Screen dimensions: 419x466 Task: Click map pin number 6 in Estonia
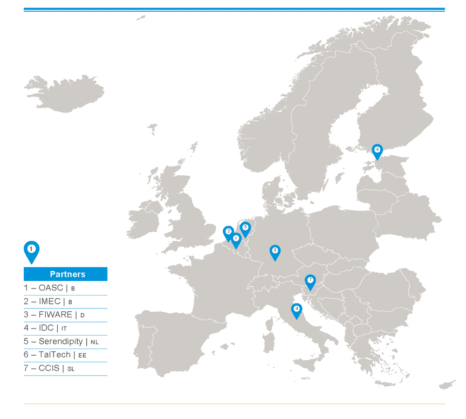click(x=377, y=151)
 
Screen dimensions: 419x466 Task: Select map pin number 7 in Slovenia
click(x=310, y=281)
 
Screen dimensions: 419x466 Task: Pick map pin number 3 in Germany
click(x=275, y=251)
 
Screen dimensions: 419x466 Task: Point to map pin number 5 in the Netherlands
click(x=245, y=228)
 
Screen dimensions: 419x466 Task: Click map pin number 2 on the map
click(x=228, y=232)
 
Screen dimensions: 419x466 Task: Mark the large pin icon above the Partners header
click(x=31, y=250)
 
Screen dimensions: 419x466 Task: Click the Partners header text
click(x=68, y=274)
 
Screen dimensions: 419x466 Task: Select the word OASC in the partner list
click(x=51, y=288)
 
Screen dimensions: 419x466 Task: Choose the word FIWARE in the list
click(x=55, y=315)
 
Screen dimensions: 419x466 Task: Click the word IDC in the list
click(x=46, y=328)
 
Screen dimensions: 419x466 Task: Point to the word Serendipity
click(x=61, y=341)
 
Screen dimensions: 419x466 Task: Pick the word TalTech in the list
click(x=55, y=355)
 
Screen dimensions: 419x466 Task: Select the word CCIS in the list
click(x=49, y=368)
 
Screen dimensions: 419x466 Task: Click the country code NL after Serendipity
click(x=95, y=342)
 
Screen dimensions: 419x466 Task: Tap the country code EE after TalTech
click(x=82, y=356)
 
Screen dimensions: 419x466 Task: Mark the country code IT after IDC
click(x=64, y=329)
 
